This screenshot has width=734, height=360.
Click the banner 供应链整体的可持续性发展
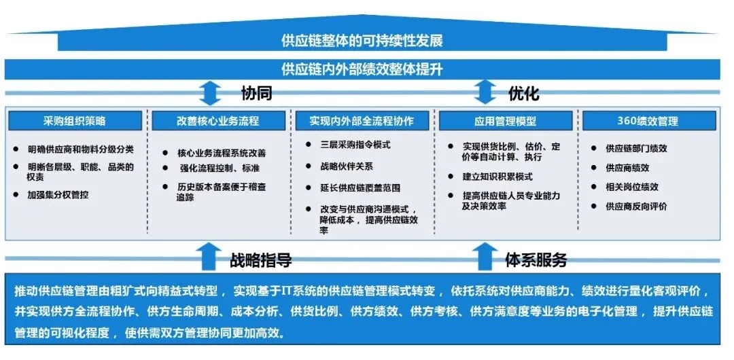click(362, 41)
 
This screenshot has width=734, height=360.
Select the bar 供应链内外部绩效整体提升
click(362, 69)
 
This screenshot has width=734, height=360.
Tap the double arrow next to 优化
click(485, 92)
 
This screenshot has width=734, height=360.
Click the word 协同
click(257, 92)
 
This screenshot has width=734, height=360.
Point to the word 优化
click(524, 92)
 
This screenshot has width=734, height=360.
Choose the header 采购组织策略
click(75, 121)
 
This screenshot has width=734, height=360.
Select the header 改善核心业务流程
click(218, 121)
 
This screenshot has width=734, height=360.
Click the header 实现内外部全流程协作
click(362, 121)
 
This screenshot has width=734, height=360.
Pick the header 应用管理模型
click(505, 121)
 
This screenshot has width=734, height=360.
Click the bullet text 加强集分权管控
click(58, 194)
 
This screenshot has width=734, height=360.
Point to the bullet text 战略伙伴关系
click(347, 166)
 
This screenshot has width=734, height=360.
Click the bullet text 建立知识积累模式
click(497, 177)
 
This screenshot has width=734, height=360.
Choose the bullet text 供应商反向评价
click(636, 206)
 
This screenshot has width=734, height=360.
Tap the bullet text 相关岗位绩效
click(632, 187)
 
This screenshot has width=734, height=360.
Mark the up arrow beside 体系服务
click(483, 257)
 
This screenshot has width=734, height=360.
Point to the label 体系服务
click(536, 259)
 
